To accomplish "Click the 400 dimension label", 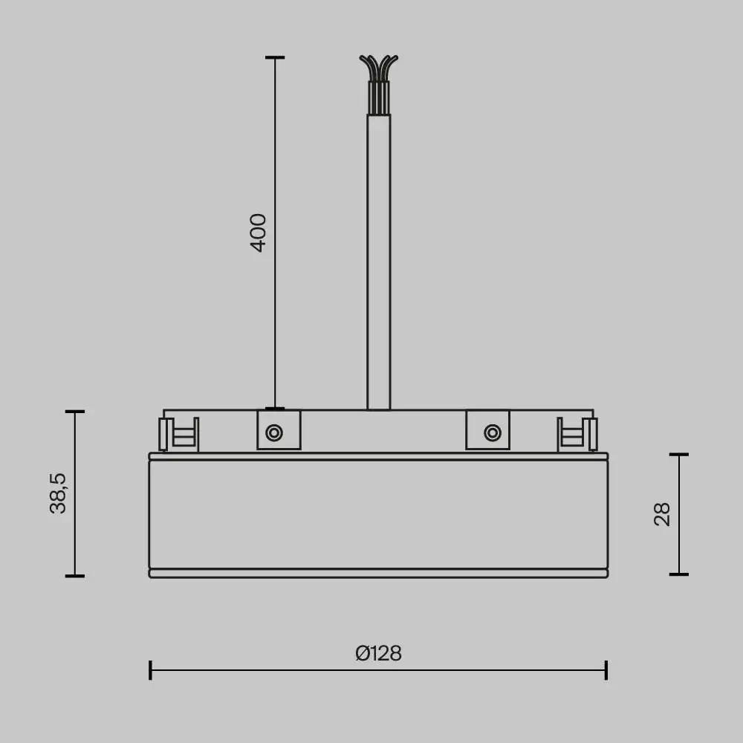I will pos(258,233).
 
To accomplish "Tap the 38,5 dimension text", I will pos(58,493).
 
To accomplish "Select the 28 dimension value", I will pos(662,514).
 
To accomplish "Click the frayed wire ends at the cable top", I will pos(378,65).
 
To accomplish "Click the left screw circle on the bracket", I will pos(274,432).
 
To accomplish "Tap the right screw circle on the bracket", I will pos(491,432).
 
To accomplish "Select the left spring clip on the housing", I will pos(179,434).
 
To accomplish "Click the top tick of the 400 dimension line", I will pos(275,57).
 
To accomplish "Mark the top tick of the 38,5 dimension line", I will pos(74,411).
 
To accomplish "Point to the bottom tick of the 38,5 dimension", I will pos(74,575).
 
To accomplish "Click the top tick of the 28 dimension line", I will pos(678,454).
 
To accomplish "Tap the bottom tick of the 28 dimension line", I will pos(678,574).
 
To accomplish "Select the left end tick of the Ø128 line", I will pos(150,669).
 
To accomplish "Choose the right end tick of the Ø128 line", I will pos(606,669).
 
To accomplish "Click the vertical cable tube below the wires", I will pos(378,260).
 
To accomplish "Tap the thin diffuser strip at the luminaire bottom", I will pos(378,573).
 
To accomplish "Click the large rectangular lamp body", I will pos(378,514).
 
